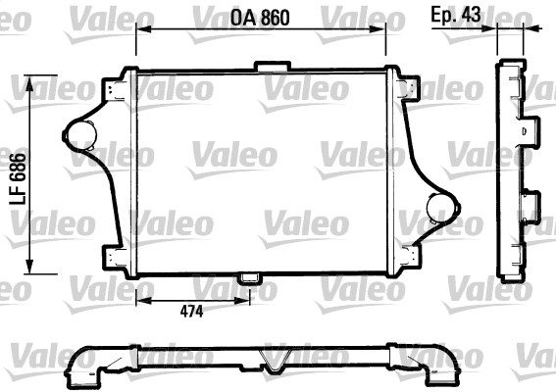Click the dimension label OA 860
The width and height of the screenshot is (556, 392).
262,17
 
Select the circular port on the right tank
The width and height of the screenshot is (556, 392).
443,206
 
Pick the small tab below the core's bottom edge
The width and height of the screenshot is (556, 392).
251,278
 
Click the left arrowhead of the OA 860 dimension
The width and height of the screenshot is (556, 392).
140,29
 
